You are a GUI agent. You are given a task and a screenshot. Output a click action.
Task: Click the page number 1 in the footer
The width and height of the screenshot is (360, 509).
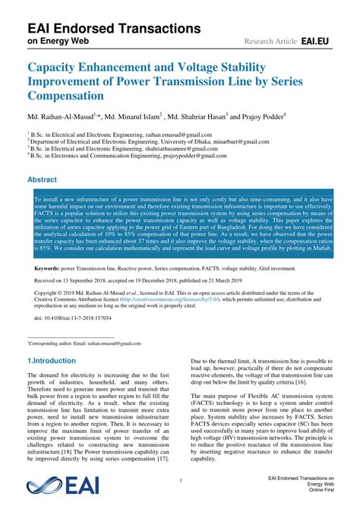tap(180, 481)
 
